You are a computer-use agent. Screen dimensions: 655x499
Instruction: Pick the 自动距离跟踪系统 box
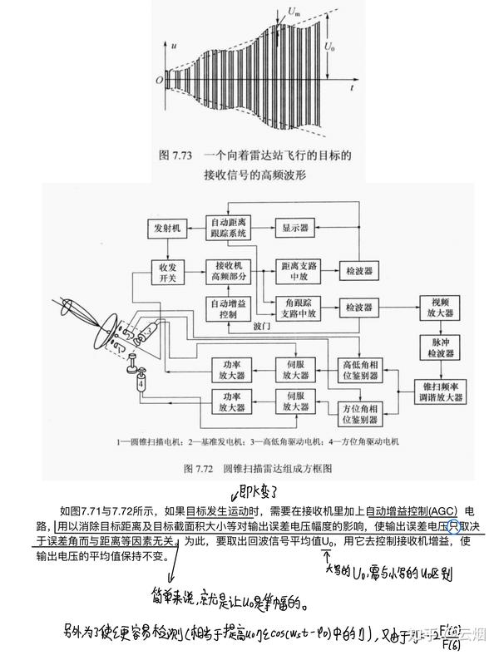(x=228, y=227)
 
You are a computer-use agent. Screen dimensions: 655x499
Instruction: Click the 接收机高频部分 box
(x=228, y=271)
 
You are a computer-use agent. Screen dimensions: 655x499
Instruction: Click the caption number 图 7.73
(x=178, y=155)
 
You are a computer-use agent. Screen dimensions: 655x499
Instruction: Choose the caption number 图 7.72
(x=205, y=469)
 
